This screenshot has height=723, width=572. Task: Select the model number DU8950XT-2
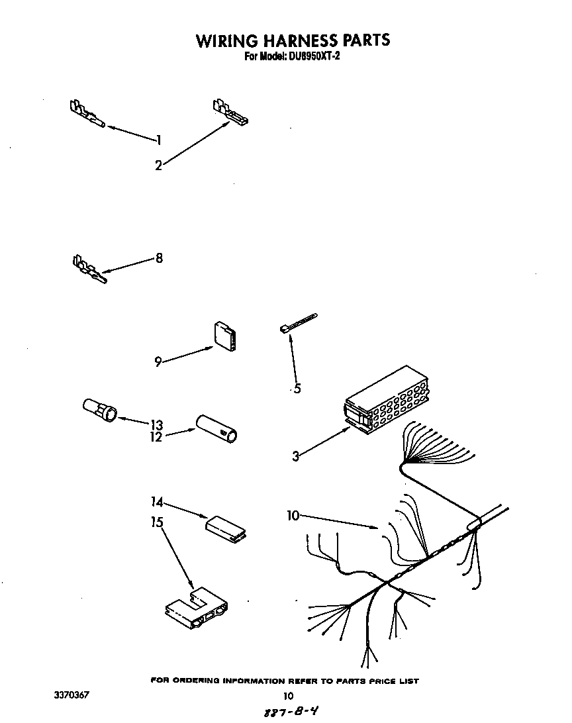point(314,57)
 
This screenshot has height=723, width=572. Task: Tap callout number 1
point(159,139)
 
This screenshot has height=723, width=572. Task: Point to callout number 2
point(158,166)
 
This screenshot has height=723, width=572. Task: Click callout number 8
point(159,258)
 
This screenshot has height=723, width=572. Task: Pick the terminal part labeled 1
point(87,114)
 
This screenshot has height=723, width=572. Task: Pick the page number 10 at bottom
point(287,696)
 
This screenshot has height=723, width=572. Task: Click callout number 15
point(156,522)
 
